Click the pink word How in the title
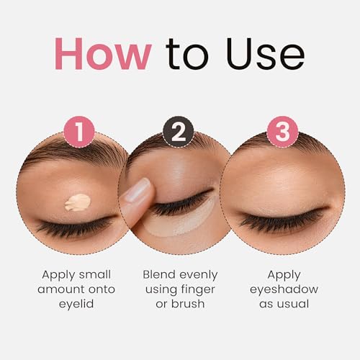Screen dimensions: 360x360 click(103, 53)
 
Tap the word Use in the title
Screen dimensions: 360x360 click(265, 53)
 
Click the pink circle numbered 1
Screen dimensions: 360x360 click(79, 132)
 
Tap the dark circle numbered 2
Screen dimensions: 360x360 click(179, 132)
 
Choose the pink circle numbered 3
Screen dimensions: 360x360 click(283, 132)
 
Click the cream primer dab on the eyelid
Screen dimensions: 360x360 click(78, 202)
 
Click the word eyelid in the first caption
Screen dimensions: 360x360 click(76, 304)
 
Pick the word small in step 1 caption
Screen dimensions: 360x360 click(95, 274)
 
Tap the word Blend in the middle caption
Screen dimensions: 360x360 click(158, 274)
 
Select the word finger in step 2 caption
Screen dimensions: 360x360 click(198, 289)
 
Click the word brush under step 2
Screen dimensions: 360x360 click(188, 304)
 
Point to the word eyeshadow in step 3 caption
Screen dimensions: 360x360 click(284, 289)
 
